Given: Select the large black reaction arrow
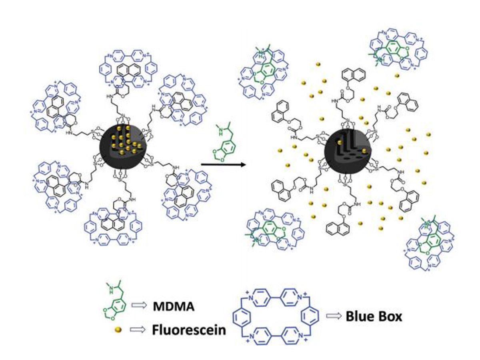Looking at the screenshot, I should pos(222,164).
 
